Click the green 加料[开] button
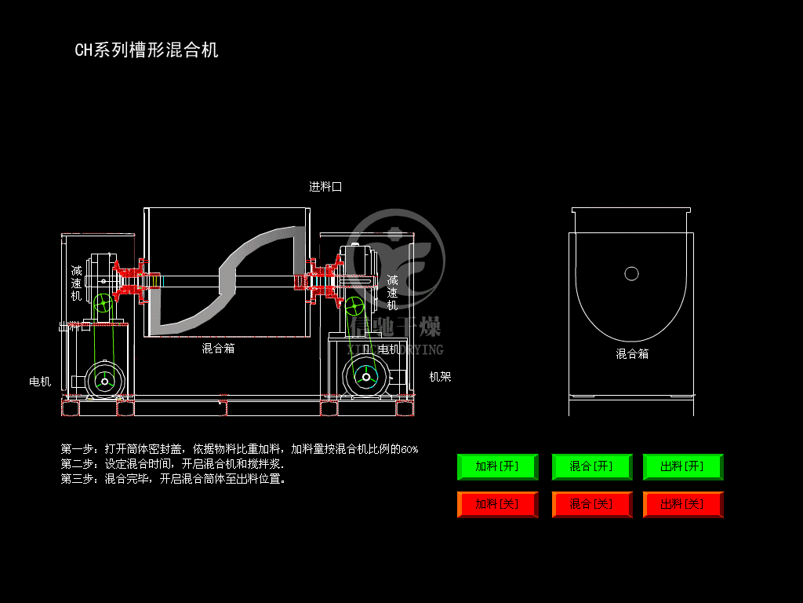coord(497,466)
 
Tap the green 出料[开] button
coord(682,466)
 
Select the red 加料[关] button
coord(497,504)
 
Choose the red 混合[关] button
coord(591,504)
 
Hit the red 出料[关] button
coord(682,504)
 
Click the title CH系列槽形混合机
coord(147,50)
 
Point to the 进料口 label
coord(325,187)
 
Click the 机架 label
coord(440,377)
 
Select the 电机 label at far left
coord(40,382)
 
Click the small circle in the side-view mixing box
coord(631,273)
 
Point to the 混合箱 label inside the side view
coord(632,354)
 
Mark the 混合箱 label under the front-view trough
coord(218,348)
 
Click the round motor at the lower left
coord(104,381)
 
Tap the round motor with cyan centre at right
coord(365,378)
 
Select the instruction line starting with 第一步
coord(239,449)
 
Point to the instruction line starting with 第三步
coord(173,478)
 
